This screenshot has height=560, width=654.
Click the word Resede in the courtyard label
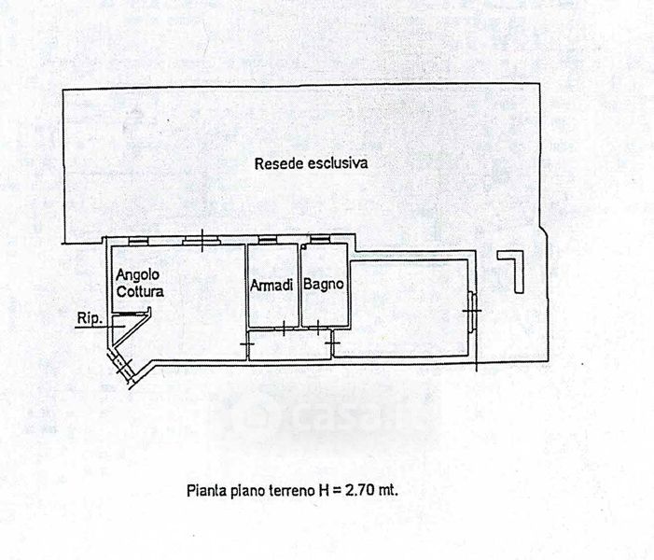pos(279,163)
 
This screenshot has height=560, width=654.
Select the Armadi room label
pos(271,286)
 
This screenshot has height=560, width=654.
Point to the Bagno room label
pos(324,284)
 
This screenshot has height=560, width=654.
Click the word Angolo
pos(138,275)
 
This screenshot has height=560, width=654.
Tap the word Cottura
pos(140,291)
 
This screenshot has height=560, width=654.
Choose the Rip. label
pos(90,319)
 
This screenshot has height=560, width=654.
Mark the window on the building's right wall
pos(472,312)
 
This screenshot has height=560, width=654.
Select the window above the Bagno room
pos(320,239)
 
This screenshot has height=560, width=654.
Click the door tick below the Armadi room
pos(284,328)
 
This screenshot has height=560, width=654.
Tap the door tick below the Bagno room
pos(318,328)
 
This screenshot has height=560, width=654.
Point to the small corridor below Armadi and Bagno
pos(290,344)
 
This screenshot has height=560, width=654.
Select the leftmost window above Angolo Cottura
pos(138,241)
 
